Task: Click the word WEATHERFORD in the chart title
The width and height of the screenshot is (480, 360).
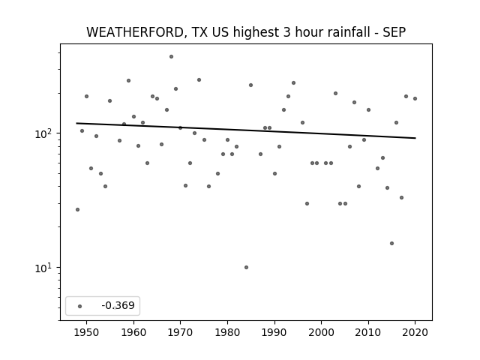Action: pyautogui.click(x=135, y=32)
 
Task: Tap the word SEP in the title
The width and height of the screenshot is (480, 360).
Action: pyautogui.click(x=394, y=32)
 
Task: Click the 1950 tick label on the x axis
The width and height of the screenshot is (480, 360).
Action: pyautogui.click(x=87, y=332)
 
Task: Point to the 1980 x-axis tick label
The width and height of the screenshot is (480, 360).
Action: pyautogui.click(x=227, y=332)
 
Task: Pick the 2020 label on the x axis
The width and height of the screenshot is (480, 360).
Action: pyautogui.click(x=415, y=332)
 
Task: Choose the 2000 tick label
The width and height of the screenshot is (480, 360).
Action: pyautogui.click(x=322, y=332)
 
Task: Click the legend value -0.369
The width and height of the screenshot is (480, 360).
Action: pyautogui.click(x=118, y=305)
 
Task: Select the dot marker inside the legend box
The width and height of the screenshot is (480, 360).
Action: pyautogui.click(x=80, y=306)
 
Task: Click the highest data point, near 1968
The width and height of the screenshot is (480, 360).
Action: pyautogui.click(x=172, y=57)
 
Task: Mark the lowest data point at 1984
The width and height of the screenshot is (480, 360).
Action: pyautogui.click(x=247, y=267)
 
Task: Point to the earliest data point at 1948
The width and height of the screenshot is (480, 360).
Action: pyautogui.click(x=78, y=210)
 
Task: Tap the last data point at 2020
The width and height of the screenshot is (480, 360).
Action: pyautogui.click(x=415, y=98)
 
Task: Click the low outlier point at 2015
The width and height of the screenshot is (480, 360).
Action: pyautogui.click(x=391, y=243)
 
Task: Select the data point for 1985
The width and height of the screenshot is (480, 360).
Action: pyautogui.click(x=251, y=85)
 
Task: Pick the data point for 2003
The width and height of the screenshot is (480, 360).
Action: pyautogui.click(x=335, y=93)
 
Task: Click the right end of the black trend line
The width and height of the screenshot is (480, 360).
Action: pyautogui.click(x=415, y=138)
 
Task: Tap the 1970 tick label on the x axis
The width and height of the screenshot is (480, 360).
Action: pyautogui.click(x=180, y=332)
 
